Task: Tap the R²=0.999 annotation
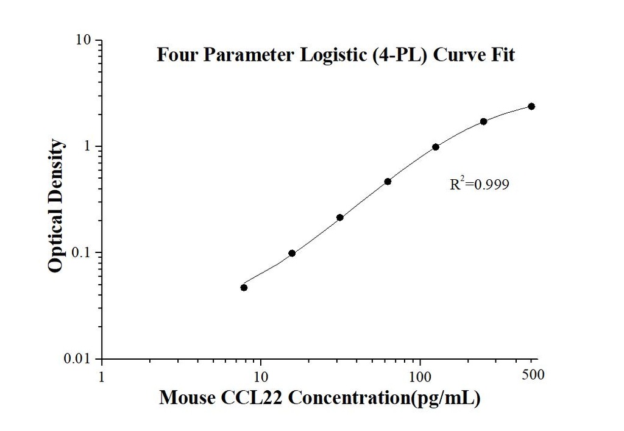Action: [479, 184]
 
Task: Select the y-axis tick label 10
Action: [83, 40]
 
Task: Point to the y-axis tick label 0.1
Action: [80, 252]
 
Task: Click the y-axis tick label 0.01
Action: [77, 358]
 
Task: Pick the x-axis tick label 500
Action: [533, 375]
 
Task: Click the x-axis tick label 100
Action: [420, 375]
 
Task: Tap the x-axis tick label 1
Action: [101, 375]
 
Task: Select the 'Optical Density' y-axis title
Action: [56, 206]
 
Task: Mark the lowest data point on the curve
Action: [244, 287]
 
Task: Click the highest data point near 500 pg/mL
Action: [531, 106]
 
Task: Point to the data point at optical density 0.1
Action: [292, 253]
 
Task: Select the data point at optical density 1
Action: [436, 147]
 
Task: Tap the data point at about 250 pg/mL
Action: [484, 121]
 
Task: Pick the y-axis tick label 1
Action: [88, 146]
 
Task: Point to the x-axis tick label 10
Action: [261, 375]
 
